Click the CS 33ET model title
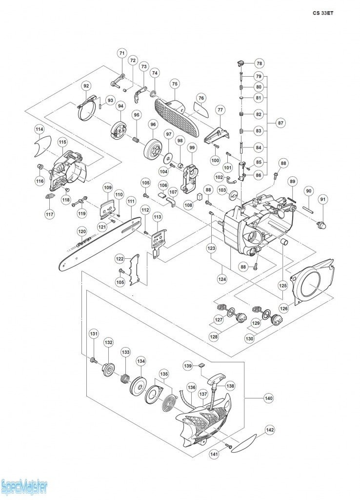(323, 13)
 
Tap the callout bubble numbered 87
(280, 123)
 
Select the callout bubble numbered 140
(269, 398)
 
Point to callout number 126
(284, 309)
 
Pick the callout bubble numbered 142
(270, 430)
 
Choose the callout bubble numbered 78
(260, 63)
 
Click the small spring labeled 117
(50, 196)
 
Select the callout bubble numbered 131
(94, 333)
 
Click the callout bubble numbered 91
(323, 200)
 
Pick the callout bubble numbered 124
(222, 279)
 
